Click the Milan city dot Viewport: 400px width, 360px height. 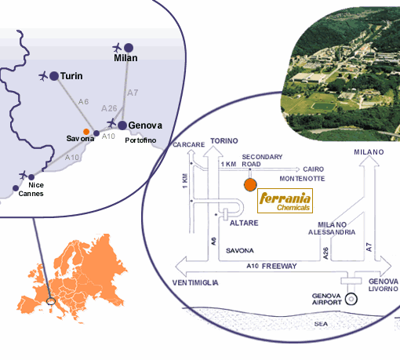[129, 48]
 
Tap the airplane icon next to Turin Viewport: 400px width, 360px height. [43, 76]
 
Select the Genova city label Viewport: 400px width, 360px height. [145, 125]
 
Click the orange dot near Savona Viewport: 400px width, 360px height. [86, 132]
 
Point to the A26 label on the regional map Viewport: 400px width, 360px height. [109, 108]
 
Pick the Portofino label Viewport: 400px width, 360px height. [140, 140]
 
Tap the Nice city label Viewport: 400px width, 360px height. [36, 185]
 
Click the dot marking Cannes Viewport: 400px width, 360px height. [16, 188]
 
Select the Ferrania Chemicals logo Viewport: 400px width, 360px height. [285, 201]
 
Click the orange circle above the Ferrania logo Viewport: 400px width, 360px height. [250, 185]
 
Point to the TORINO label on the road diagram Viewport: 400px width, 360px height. [224, 141]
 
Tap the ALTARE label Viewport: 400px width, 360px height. [244, 223]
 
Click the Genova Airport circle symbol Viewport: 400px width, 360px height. [351, 299]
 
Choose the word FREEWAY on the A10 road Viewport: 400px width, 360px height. [279, 266]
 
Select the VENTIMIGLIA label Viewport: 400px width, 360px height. [195, 282]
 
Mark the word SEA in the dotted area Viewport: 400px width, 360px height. [321, 324]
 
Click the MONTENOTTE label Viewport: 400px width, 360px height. [302, 179]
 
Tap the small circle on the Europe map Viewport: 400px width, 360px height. [51, 301]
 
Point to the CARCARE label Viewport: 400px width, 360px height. [189, 144]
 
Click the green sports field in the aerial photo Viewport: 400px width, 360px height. [324, 107]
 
